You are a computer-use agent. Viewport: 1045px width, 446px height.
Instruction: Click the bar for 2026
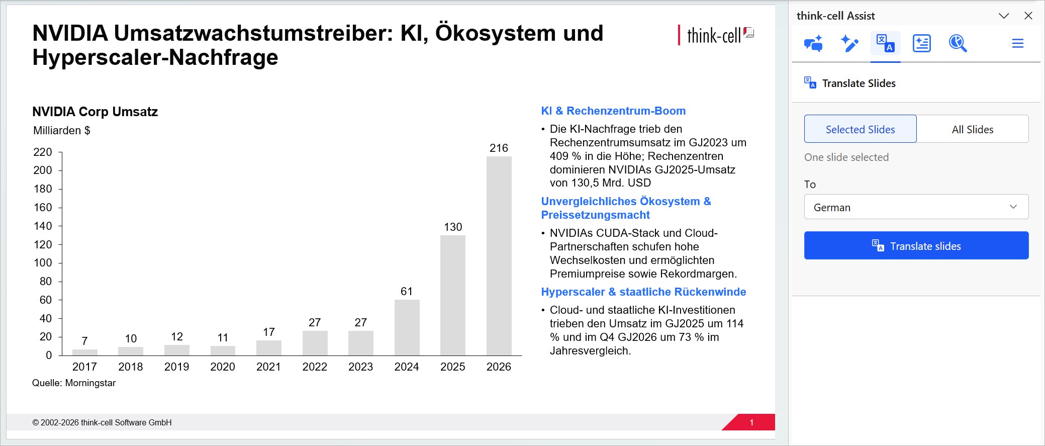(499, 256)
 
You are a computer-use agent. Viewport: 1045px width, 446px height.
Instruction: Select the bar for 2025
(453, 295)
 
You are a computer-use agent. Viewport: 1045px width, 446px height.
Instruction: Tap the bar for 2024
(407, 327)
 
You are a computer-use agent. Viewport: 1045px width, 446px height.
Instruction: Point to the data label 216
(499, 148)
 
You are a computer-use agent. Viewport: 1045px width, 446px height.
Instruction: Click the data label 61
(407, 291)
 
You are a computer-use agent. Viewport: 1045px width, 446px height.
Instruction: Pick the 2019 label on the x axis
(176, 367)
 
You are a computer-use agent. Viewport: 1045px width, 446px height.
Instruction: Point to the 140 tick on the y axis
(43, 226)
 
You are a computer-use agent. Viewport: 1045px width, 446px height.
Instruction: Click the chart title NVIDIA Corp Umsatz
(95, 112)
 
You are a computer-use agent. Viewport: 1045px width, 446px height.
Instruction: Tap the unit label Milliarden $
(62, 131)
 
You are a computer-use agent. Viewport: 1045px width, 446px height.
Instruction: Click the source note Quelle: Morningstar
(74, 383)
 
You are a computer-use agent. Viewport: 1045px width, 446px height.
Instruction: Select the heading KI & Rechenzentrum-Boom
(613, 111)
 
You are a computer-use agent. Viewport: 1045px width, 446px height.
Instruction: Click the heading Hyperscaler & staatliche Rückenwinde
(643, 292)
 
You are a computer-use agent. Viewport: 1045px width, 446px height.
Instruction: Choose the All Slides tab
(973, 129)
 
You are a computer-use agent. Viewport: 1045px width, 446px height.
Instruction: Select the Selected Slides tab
(860, 129)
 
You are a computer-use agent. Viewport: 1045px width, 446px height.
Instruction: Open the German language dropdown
(916, 207)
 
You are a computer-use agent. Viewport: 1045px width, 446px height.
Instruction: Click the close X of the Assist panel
(1028, 16)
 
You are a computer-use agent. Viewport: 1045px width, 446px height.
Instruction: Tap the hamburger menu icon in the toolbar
(1018, 43)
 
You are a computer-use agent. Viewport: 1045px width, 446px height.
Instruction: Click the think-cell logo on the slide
(716, 35)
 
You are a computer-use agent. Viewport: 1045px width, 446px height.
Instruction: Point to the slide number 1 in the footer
(751, 422)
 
